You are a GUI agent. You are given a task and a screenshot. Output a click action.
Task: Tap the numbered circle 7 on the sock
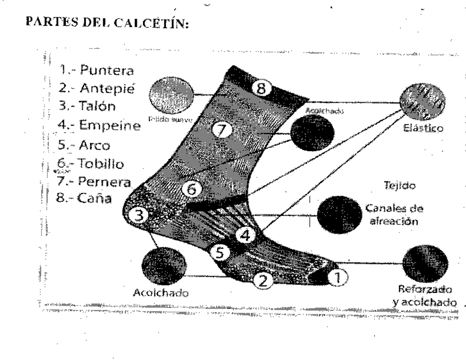(223, 130)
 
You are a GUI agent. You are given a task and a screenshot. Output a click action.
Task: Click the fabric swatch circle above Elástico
(423, 103)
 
